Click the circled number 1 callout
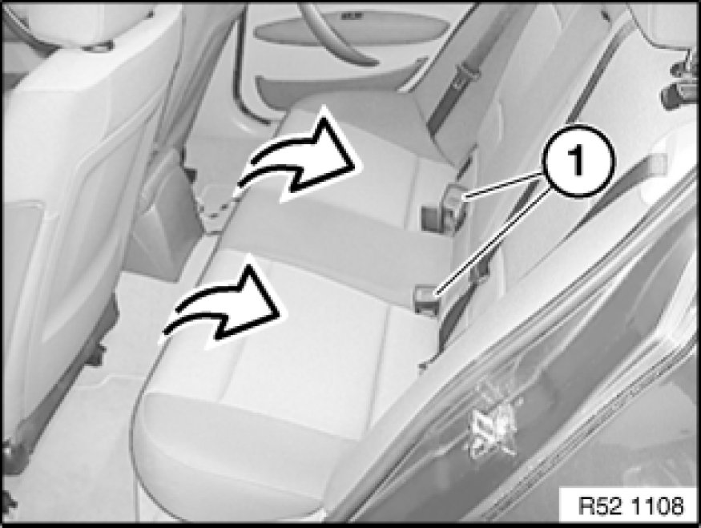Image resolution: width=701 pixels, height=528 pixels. point(578,161)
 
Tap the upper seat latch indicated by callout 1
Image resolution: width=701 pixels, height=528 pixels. point(444,207)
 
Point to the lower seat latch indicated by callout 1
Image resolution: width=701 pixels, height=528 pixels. point(427,299)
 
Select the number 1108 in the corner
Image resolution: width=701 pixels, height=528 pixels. point(659,506)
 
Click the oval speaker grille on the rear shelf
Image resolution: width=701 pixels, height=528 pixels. point(352,26)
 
